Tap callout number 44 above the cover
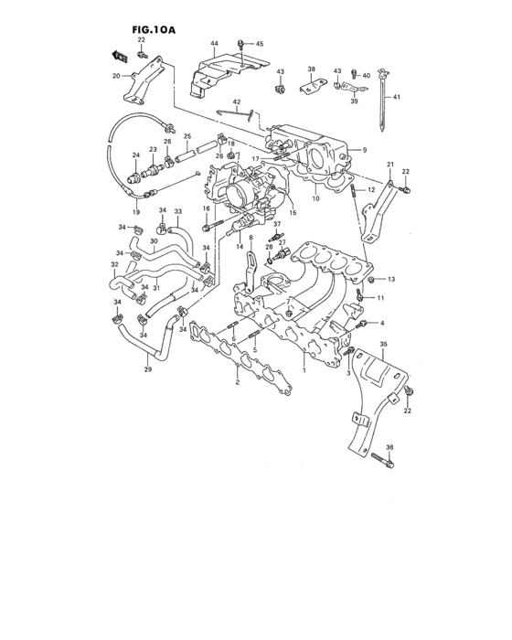pos(214,44)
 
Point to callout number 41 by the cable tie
pos(395,96)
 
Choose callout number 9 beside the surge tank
pos(363,149)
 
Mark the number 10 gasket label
pos(316,198)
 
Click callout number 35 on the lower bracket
pos(383,344)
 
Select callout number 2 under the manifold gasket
pos(238,382)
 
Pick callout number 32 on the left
pos(114,265)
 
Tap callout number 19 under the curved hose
pos(135,212)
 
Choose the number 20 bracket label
pos(116,76)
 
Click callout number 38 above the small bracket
pos(311,69)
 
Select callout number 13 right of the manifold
pos(390,279)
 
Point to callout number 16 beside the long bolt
pos(207,208)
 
